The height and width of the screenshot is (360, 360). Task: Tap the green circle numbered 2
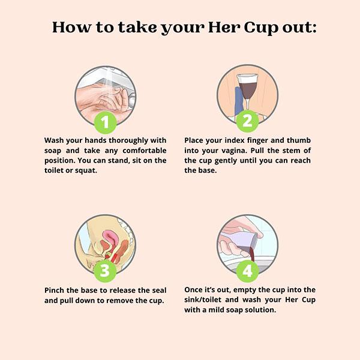(x=246, y=122)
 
